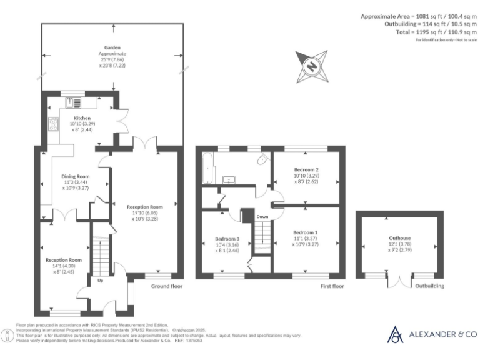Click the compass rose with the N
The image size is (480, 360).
click(311, 66)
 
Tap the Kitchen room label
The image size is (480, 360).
click(82, 117)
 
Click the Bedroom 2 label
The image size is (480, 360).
click(306, 169)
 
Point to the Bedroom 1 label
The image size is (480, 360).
click(306, 232)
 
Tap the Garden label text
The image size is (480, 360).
click(112, 47)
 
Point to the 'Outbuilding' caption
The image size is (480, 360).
click(430, 286)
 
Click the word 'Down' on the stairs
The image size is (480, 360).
click(262, 217)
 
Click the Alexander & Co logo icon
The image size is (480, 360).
click(396, 334)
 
